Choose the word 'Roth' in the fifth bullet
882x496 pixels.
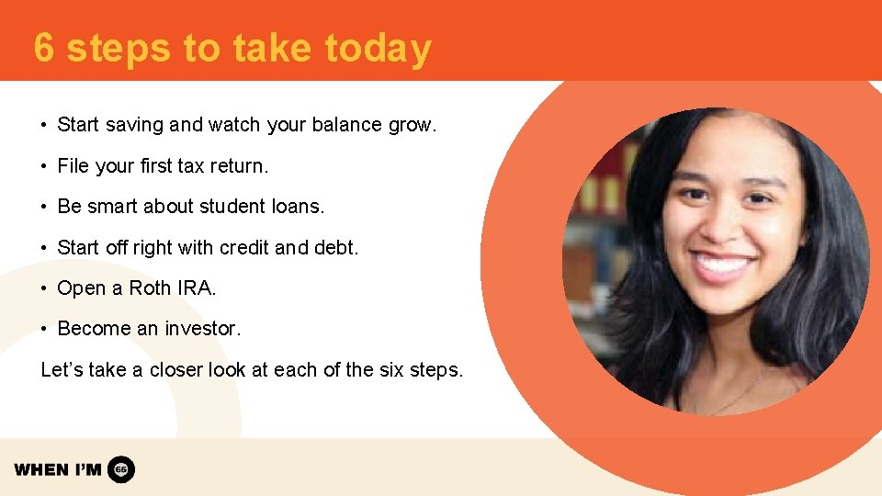pos(149,287)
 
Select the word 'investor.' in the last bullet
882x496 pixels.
pos(202,328)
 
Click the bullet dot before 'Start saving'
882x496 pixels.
pos(44,125)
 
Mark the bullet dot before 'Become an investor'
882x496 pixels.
pos(44,329)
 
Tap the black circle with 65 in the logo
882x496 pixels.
pos(121,469)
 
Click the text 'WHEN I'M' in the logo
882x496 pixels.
pos(57,469)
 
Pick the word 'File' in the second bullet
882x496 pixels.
pos(73,166)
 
